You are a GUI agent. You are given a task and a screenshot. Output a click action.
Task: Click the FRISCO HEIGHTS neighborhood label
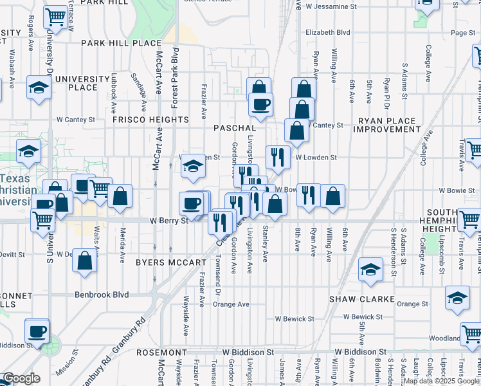150,120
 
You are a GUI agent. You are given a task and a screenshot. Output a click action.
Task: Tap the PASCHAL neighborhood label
235,128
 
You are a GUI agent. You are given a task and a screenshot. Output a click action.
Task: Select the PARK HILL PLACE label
121,43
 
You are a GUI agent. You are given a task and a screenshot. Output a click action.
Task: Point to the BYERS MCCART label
171,262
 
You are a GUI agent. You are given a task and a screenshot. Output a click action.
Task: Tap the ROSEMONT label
161,353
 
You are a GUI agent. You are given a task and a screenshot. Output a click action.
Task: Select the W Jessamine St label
331,6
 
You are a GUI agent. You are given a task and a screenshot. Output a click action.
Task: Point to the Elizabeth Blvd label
328,32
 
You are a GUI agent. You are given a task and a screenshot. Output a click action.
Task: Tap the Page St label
462,32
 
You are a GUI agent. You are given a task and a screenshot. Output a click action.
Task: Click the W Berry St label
168,220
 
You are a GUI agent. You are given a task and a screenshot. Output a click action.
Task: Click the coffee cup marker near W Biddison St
37,332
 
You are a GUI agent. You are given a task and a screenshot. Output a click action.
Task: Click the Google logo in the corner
21,378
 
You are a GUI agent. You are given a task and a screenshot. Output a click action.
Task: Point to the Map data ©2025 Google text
442,381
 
